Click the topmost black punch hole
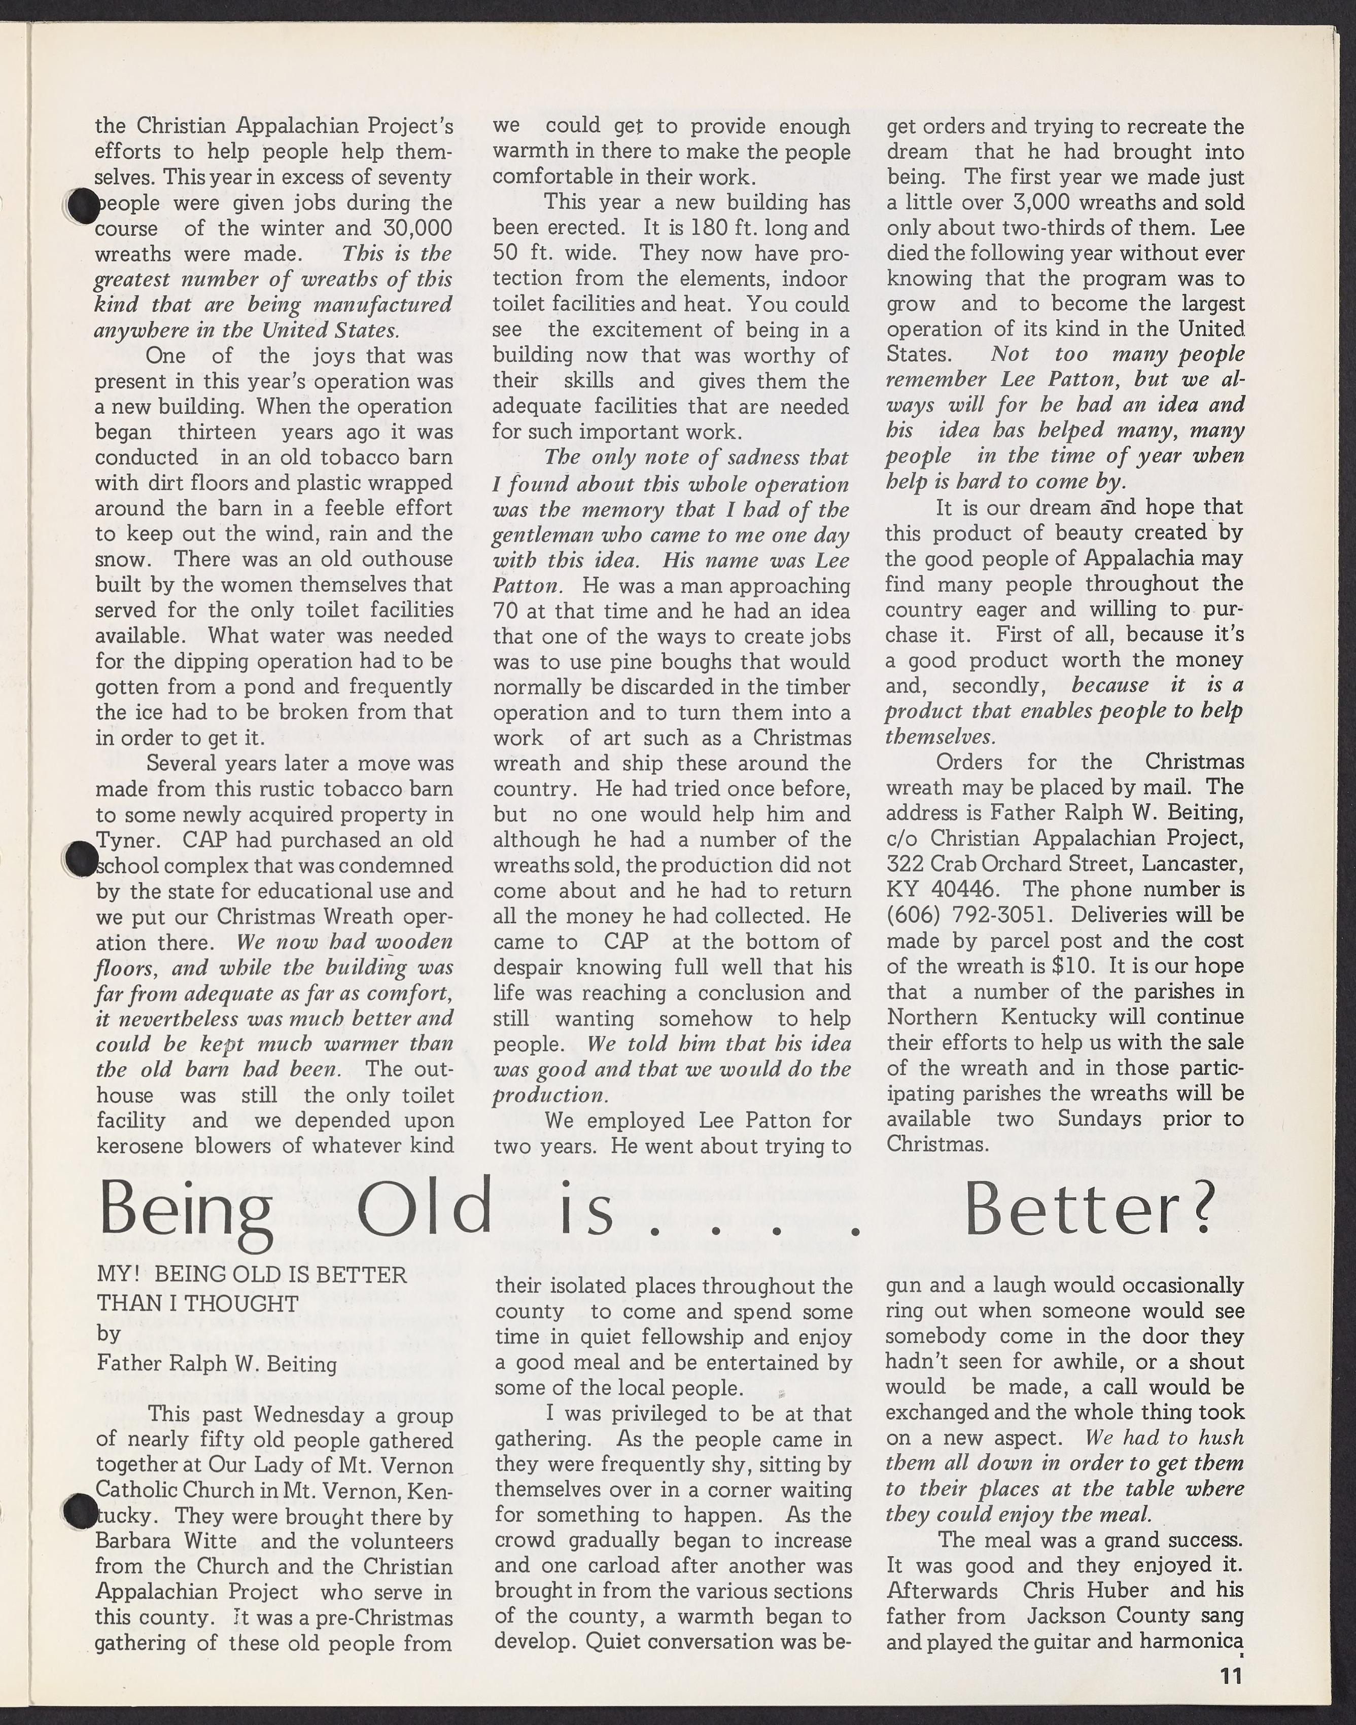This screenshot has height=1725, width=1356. [x=82, y=206]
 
